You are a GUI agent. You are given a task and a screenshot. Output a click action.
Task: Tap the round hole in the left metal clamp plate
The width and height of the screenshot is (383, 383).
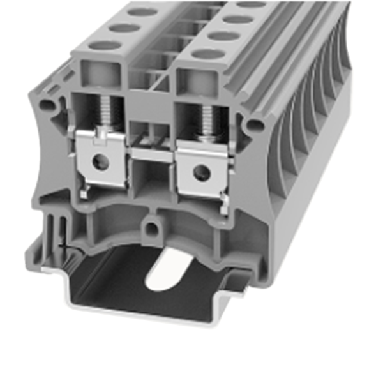pyautogui.click(x=99, y=161)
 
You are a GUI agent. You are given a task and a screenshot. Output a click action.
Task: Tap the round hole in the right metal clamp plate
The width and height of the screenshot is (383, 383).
pyautogui.click(x=202, y=170)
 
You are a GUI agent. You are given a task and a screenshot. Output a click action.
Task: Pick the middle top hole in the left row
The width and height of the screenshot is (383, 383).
pyautogui.click(x=121, y=27)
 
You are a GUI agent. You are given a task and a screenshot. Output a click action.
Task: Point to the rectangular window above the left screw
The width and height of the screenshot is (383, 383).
pyautogui.click(x=92, y=77)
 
